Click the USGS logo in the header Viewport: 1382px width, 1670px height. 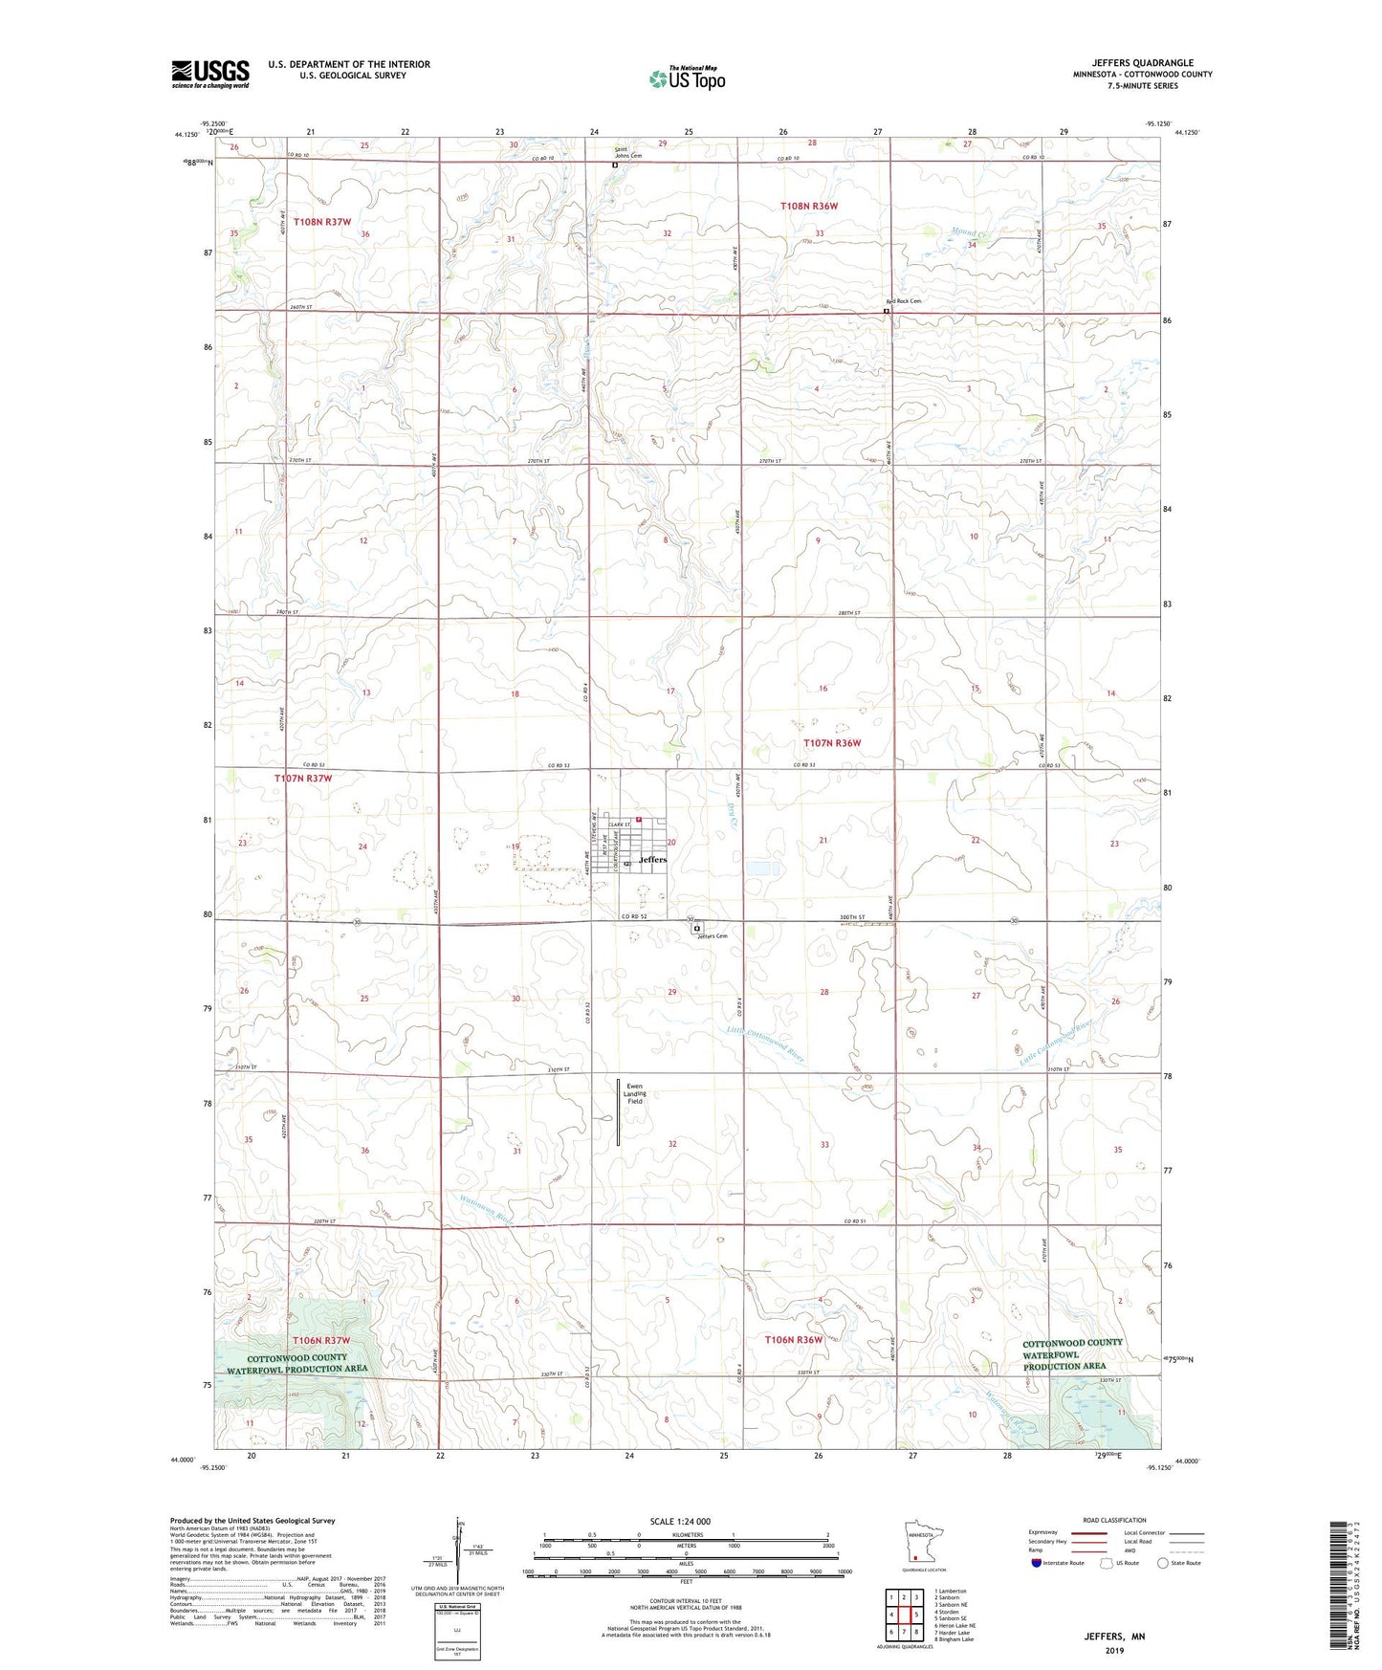(x=210, y=74)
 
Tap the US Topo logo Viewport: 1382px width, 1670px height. (x=687, y=78)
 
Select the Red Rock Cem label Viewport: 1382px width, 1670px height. (x=904, y=301)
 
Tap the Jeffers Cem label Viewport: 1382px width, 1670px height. (x=713, y=936)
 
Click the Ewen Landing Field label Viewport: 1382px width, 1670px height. (x=635, y=1093)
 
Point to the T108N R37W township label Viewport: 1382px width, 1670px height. (x=322, y=222)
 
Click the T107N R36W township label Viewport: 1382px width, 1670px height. (x=832, y=743)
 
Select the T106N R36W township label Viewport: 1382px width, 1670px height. (x=793, y=1340)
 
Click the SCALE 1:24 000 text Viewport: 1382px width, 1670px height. (x=680, y=1521)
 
